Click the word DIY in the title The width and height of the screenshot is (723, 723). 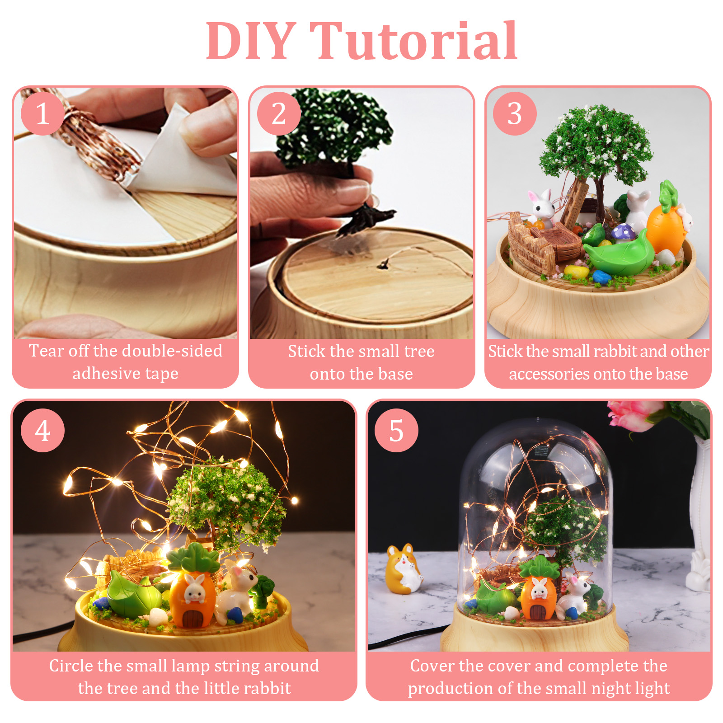(x=251, y=41)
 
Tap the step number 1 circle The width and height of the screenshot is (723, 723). (x=42, y=113)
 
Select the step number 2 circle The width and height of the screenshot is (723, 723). (x=279, y=113)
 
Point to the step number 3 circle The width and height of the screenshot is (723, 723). (x=515, y=113)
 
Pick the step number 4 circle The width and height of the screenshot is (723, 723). (x=42, y=430)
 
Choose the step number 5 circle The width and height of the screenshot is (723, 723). (x=396, y=430)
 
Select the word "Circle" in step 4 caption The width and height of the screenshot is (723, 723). (x=71, y=666)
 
